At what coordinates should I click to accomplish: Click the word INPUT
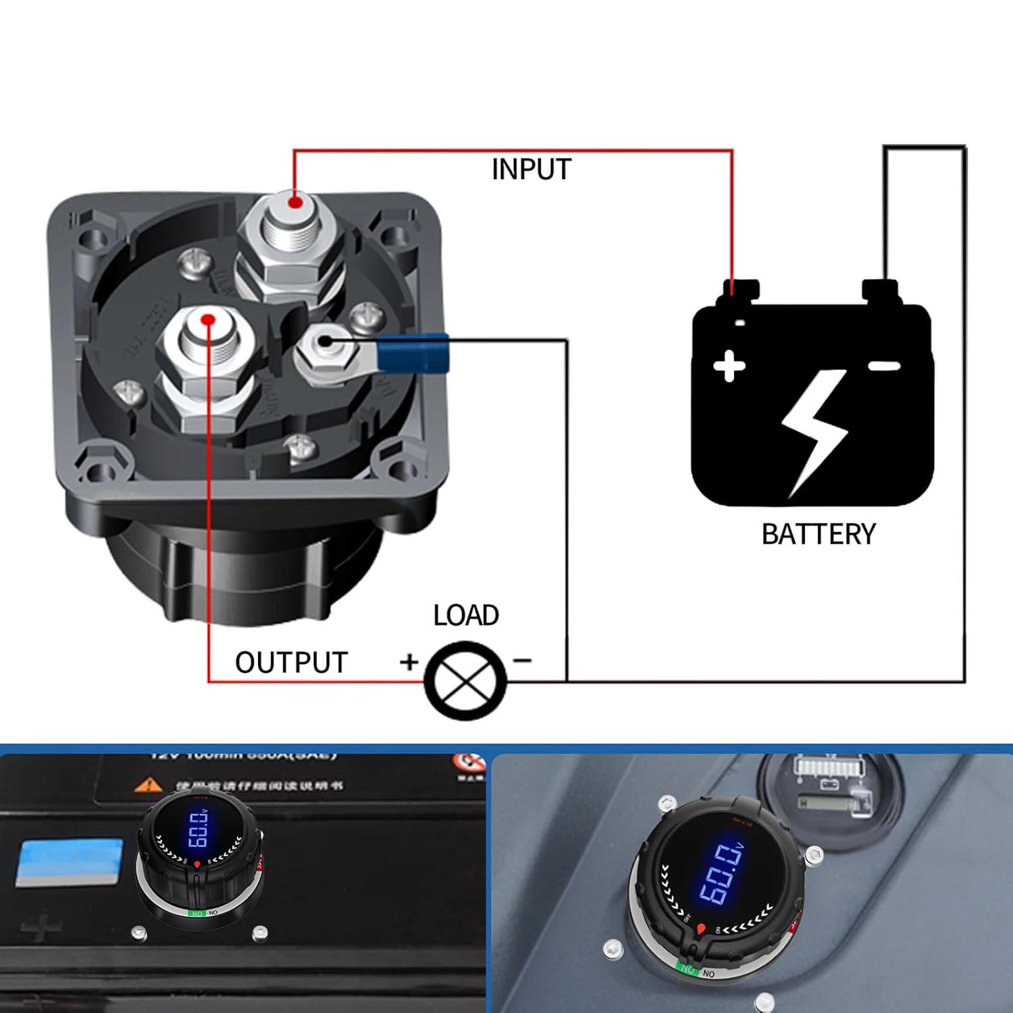531,170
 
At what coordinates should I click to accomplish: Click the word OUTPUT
291,663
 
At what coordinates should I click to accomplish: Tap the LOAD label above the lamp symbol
466,615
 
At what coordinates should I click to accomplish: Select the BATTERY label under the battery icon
819,534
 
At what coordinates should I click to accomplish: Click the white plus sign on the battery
729,367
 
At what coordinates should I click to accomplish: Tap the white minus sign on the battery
884,366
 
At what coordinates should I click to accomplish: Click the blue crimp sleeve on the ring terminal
413,353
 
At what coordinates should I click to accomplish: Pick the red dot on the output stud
209,319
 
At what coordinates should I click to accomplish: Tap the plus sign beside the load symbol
409,662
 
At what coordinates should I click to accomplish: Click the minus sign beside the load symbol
522,660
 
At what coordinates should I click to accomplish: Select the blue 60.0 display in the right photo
721,875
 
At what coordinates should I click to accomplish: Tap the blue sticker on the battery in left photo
69,862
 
